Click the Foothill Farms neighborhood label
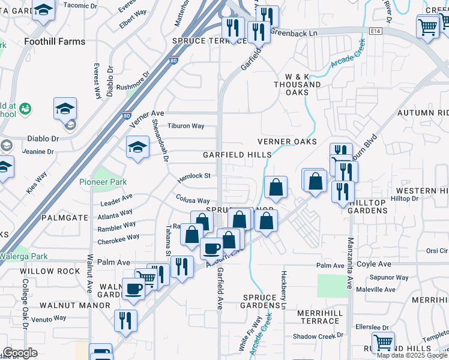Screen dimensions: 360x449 pos(55,41)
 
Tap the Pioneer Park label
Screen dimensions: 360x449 pos(103,182)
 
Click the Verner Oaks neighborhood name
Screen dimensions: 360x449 pos(286,142)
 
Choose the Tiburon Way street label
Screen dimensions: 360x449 pos(186,127)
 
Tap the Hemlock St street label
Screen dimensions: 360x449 pos(194,176)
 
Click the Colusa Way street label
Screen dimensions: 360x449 pos(193,200)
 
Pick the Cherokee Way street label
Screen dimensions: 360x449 pos(118,239)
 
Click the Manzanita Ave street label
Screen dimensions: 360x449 pos(350,264)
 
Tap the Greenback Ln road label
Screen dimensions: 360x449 pos(294,34)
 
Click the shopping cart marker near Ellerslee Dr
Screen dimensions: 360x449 pos(383,343)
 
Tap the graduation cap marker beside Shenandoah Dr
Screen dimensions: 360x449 pos(137,147)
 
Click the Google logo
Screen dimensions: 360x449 pos(20,353)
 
